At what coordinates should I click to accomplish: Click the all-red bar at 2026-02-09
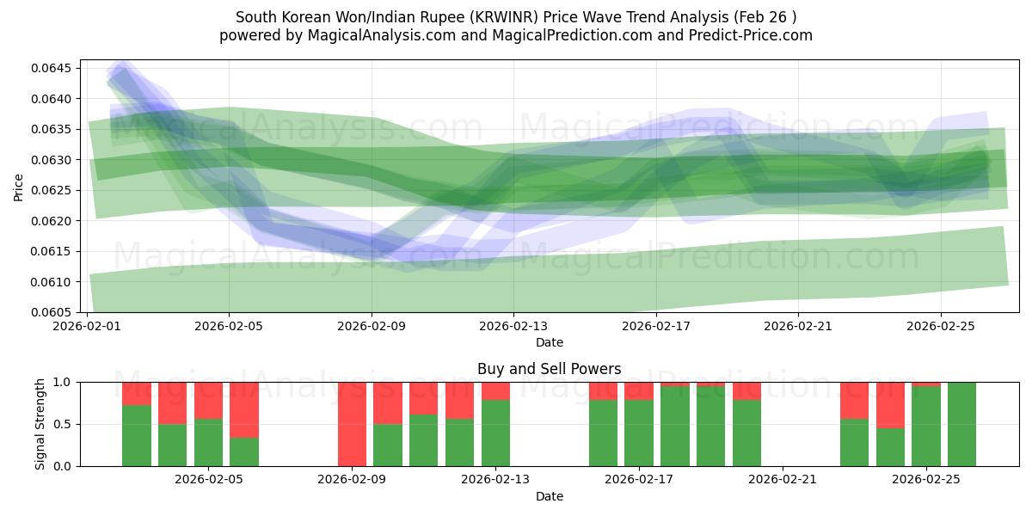(x=352, y=424)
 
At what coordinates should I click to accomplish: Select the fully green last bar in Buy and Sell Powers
(x=961, y=424)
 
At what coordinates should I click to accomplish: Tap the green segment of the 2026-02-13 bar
(x=495, y=433)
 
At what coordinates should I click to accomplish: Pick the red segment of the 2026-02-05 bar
(x=244, y=409)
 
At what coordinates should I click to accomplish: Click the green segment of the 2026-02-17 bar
(x=639, y=433)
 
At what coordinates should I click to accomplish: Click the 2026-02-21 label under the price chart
(x=798, y=326)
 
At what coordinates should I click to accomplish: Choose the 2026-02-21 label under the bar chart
(x=783, y=480)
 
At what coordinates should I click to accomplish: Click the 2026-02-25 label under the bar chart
(x=925, y=480)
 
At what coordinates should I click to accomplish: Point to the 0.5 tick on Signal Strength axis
(x=63, y=424)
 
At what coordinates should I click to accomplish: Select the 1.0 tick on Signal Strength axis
(x=63, y=382)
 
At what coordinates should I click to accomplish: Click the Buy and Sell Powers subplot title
(x=549, y=369)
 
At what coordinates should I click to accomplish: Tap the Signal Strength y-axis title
(x=40, y=424)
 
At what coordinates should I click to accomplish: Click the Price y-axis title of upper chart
(x=19, y=186)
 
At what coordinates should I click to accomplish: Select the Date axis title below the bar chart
(x=549, y=496)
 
